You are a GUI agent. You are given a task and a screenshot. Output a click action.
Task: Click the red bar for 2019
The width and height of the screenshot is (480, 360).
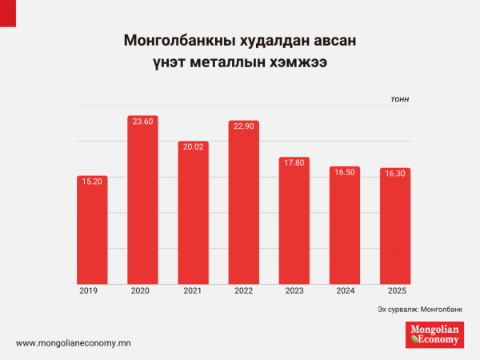point(92,232)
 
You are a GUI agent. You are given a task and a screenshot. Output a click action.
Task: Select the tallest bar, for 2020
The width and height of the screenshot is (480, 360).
point(142,204)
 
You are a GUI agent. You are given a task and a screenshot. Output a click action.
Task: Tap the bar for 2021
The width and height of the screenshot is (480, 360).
point(193,216)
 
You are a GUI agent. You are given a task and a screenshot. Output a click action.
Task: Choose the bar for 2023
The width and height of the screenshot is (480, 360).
point(294,224)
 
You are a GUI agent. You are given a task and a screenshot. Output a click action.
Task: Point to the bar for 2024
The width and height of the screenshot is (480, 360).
point(345,228)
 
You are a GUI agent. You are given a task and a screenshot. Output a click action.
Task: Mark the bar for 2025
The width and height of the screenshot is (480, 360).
point(395,229)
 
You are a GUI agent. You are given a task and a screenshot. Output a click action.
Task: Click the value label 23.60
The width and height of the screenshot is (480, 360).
point(142,122)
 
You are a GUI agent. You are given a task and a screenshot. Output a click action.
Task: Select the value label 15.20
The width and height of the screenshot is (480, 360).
point(92,182)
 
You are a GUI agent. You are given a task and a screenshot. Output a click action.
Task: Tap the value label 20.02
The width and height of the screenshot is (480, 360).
point(193,147)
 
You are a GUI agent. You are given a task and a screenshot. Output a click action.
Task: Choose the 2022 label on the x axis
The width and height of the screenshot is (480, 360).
point(243,291)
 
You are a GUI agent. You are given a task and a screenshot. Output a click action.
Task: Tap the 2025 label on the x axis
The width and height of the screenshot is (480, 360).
point(395,291)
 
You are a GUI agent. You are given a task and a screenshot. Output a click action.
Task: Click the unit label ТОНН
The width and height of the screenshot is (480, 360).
point(400,99)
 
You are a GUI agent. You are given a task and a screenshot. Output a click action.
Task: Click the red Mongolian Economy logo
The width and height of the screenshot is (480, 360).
point(434,334)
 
